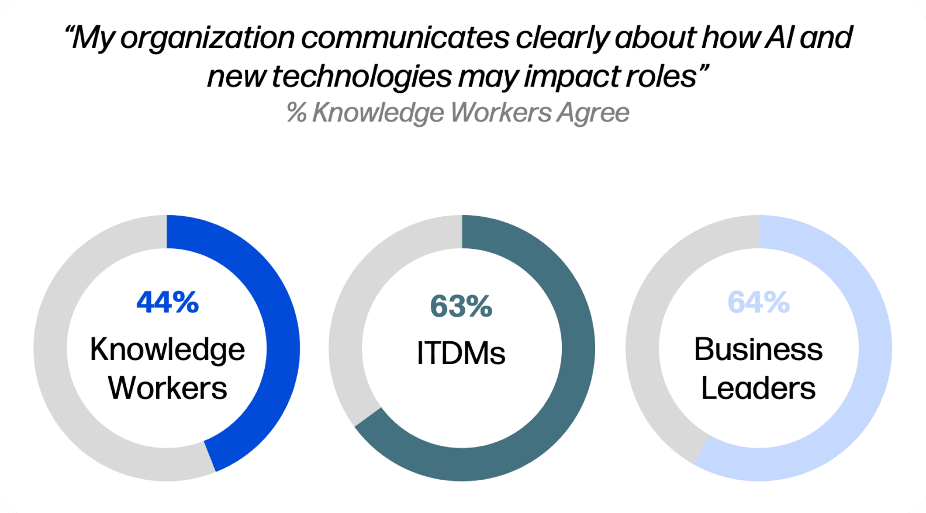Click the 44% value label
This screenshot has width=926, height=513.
[168, 302]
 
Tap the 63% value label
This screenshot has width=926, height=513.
[461, 307]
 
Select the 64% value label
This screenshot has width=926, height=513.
[759, 302]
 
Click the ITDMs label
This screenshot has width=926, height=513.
[461, 353]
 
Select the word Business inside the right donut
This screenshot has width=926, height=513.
[759, 349]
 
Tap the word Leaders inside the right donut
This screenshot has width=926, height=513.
[759, 389]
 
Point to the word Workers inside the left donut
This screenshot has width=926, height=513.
[167, 389]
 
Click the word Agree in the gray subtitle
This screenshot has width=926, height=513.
[593, 113]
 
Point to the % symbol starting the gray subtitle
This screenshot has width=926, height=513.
[297, 112]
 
